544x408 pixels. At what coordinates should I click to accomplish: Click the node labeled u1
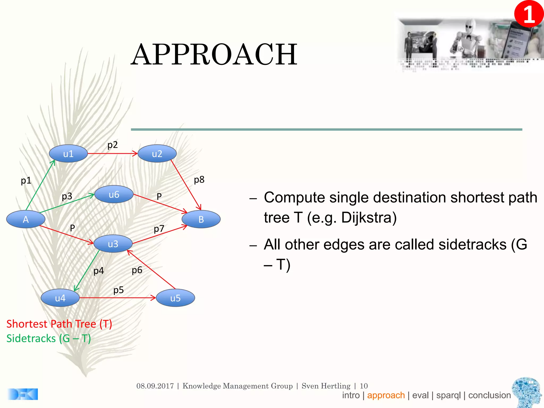tap(68, 154)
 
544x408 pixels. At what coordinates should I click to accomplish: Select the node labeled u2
tap(157, 154)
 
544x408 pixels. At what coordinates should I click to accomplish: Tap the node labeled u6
tap(114, 194)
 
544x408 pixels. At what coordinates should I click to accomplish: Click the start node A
tap(26, 219)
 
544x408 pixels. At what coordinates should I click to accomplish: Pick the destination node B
tap(201, 219)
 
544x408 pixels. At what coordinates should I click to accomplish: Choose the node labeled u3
tap(113, 244)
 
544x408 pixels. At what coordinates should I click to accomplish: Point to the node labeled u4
tap(60, 298)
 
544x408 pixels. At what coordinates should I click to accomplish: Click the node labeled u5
tap(175, 298)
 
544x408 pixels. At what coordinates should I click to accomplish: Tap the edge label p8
tap(199, 180)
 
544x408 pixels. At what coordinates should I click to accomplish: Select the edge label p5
tap(118, 290)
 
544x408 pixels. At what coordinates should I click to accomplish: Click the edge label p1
tap(26, 181)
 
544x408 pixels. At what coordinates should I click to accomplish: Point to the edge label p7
tap(159, 229)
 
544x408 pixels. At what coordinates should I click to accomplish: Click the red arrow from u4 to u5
tap(117, 298)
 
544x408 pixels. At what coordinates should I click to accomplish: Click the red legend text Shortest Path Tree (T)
tap(59, 324)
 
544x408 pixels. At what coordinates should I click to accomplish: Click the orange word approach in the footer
tap(386, 395)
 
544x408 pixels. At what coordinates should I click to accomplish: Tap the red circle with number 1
tap(529, 14)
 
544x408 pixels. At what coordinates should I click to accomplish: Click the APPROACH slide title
tap(214, 55)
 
